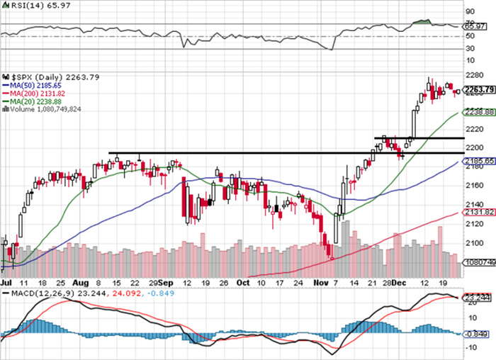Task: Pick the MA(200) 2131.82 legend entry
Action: pos(35,93)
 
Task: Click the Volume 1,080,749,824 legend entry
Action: pos(44,108)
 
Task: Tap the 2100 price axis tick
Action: pos(470,241)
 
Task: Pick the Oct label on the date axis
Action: pos(243,281)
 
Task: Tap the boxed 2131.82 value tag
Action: pos(478,212)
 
